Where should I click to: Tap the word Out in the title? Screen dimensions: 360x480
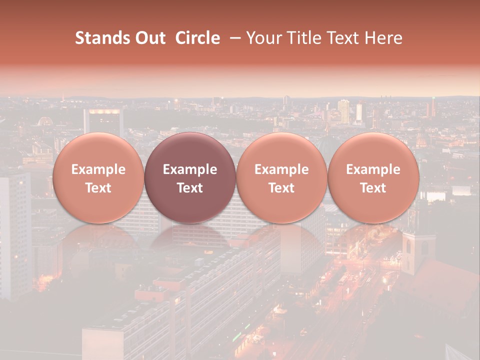150,38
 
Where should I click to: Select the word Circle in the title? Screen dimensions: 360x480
197,38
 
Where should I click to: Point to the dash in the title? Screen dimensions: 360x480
233,38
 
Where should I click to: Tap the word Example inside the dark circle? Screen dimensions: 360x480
190,169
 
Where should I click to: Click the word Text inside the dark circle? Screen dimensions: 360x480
190,188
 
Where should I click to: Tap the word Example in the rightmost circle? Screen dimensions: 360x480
373,169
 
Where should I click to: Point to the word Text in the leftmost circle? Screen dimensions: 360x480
98,188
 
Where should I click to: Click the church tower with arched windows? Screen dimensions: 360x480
416,250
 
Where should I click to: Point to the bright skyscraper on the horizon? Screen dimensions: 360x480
343,110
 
